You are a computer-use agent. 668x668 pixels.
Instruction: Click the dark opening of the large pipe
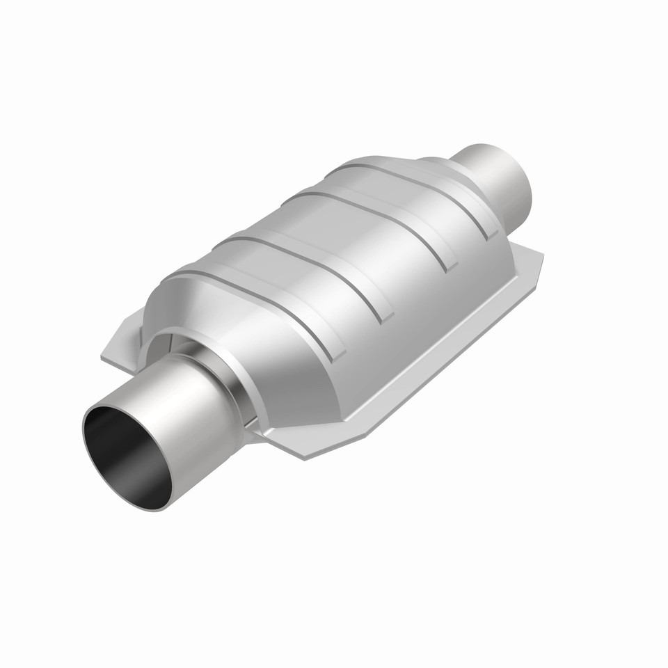(x=125, y=456)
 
